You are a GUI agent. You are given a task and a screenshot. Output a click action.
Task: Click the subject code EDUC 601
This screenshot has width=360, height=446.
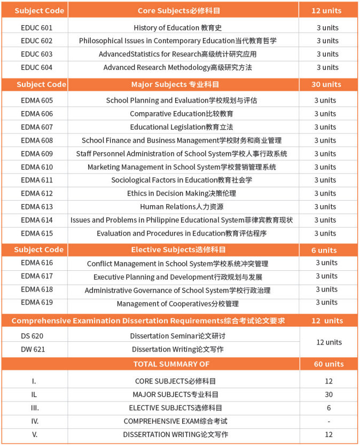click(36, 28)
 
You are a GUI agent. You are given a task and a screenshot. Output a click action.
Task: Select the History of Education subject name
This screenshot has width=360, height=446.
click(178, 28)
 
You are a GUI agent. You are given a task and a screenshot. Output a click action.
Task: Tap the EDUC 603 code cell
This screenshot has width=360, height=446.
click(36, 54)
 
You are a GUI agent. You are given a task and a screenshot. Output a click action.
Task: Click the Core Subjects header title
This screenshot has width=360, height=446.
click(179, 11)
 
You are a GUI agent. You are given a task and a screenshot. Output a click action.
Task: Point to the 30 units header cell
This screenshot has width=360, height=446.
click(326, 84)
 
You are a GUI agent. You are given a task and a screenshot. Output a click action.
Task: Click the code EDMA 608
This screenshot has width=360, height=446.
click(37, 140)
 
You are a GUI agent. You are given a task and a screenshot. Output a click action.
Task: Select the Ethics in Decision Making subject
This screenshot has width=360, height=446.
click(182, 193)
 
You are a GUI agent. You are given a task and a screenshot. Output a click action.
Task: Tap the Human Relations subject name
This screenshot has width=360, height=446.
click(182, 207)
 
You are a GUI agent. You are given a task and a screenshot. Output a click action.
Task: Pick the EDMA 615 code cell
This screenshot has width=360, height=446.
click(37, 233)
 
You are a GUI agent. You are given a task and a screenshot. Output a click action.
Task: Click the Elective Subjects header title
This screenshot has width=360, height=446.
click(178, 250)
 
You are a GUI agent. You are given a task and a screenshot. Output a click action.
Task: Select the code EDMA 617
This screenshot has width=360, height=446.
click(37, 276)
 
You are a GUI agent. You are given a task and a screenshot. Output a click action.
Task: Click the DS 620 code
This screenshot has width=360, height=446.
click(32, 336)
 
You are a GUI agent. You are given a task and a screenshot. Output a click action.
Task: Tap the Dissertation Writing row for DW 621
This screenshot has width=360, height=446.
click(178, 349)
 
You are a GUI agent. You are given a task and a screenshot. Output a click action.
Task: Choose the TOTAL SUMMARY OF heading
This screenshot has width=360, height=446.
click(171, 364)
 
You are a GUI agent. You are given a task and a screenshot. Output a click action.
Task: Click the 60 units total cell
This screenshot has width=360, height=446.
click(328, 364)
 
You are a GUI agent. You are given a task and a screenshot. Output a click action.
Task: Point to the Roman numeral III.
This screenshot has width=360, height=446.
click(35, 408)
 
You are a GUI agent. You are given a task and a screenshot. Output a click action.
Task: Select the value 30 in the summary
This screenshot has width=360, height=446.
click(328, 395)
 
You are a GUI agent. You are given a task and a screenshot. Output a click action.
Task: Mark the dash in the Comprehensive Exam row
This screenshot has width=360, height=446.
click(328, 421)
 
